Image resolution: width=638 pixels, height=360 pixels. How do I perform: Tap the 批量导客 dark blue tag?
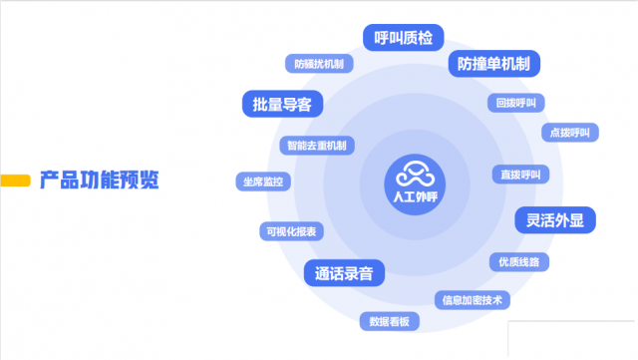(x=283, y=103)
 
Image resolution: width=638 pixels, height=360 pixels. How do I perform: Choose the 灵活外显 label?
(x=554, y=219)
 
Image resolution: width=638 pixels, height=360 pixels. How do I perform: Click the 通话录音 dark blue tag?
(x=344, y=273)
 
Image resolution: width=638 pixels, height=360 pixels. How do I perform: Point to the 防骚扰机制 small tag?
(x=319, y=64)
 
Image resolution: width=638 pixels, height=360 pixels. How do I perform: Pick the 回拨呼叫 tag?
(x=516, y=103)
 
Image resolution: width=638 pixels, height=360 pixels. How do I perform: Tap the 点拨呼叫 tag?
(x=570, y=132)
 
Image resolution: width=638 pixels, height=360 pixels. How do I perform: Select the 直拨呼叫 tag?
(x=520, y=175)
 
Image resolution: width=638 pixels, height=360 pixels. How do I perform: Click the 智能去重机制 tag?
(x=316, y=146)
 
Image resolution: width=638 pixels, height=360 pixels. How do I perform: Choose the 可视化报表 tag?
(x=290, y=230)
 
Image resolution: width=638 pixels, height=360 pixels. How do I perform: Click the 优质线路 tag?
(x=519, y=261)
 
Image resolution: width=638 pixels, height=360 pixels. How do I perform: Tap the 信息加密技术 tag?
(x=474, y=298)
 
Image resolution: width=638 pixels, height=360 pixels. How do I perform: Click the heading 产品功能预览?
(x=99, y=180)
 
